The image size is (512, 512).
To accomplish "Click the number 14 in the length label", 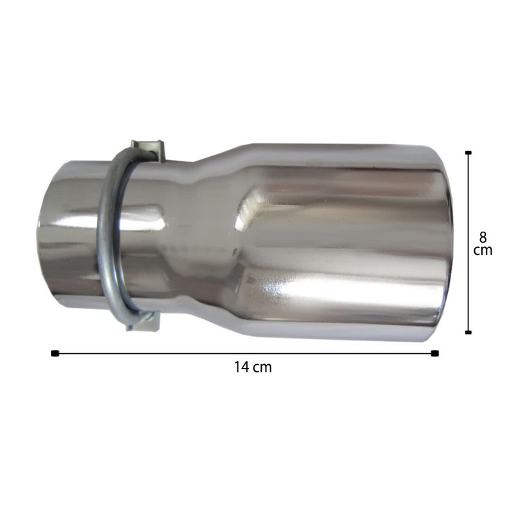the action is click(x=241, y=367).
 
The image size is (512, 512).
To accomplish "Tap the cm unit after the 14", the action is click(x=262, y=368).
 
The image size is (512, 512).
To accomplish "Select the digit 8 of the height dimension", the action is click(x=483, y=237).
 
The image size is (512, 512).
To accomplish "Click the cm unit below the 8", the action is click(x=483, y=251).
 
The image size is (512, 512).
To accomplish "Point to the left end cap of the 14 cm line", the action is click(x=55, y=353).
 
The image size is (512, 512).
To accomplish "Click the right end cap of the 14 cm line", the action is click(x=435, y=353).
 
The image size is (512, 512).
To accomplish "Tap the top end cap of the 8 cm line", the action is click(x=468, y=152).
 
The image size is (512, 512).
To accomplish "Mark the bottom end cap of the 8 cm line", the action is click(x=468, y=332).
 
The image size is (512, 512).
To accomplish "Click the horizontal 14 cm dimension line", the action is click(x=245, y=353).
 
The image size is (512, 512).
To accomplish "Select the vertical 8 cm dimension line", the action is click(x=468, y=243).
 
